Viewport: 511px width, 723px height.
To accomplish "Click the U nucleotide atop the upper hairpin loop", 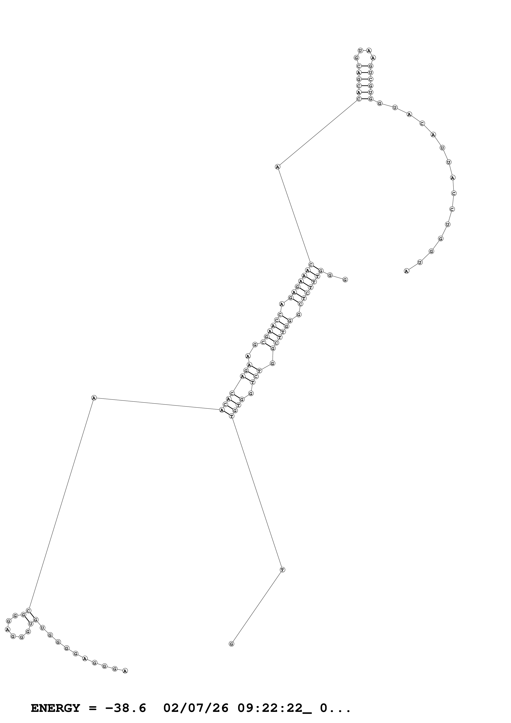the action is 360,50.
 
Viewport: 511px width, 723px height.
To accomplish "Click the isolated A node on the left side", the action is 94,398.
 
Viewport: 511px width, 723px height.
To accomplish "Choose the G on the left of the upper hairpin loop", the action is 356,58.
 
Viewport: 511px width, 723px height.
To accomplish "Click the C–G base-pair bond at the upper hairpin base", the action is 365,99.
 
